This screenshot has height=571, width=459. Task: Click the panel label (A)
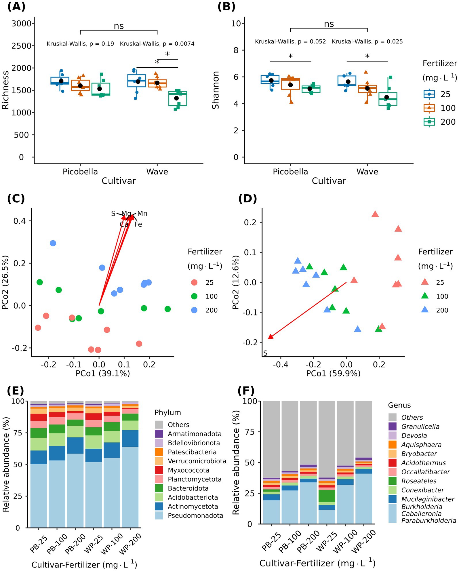pos(16,7)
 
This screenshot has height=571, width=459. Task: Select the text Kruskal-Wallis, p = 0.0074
pos(157,44)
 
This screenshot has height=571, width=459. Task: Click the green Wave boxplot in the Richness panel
pos(178,98)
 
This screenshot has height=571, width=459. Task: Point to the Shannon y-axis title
pos(216,90)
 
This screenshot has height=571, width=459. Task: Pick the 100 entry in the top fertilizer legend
pos(448,108)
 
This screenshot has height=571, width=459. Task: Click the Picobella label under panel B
pos(290,172)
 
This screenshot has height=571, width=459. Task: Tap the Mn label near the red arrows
pos(142,214)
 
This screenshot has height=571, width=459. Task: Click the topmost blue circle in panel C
pos(53,243)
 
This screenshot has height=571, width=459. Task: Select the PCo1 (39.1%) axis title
pos(103,373)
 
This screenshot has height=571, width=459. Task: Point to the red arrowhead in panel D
pos(270,337)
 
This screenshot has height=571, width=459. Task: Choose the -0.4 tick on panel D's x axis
pos(280,365)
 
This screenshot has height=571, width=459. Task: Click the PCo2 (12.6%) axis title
pos(236,282)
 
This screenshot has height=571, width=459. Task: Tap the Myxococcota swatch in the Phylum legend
pos(159,470)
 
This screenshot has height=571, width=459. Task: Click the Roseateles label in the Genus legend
pos(419,481)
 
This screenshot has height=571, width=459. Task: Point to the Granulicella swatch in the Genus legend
pos(393,427)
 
